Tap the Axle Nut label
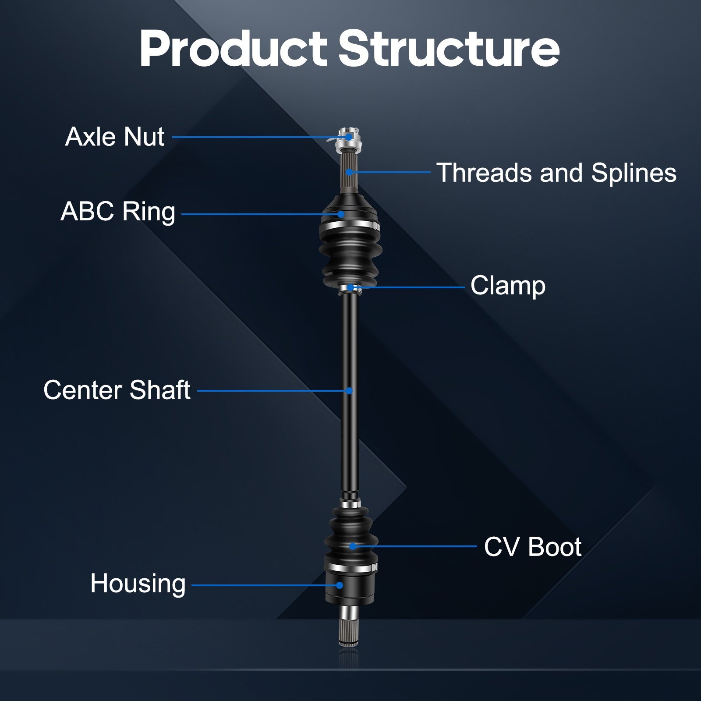pos(115,137)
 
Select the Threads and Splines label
pos(556,173)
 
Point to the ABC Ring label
pos(118,212)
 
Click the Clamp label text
pos(508,286)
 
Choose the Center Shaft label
pos(117,390)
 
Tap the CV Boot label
pos(532,547)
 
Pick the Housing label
pos(138,584)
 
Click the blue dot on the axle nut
pos(349,137)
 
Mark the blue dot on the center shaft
pos(349,390)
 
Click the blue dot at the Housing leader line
pos(340,585)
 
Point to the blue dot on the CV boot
pos(352,546)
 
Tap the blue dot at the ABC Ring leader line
pos(341,214)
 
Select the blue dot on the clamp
pos(351,287)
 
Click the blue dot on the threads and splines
pos(349,172)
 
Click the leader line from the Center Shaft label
pos(272,390)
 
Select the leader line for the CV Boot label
pos(416,546)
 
